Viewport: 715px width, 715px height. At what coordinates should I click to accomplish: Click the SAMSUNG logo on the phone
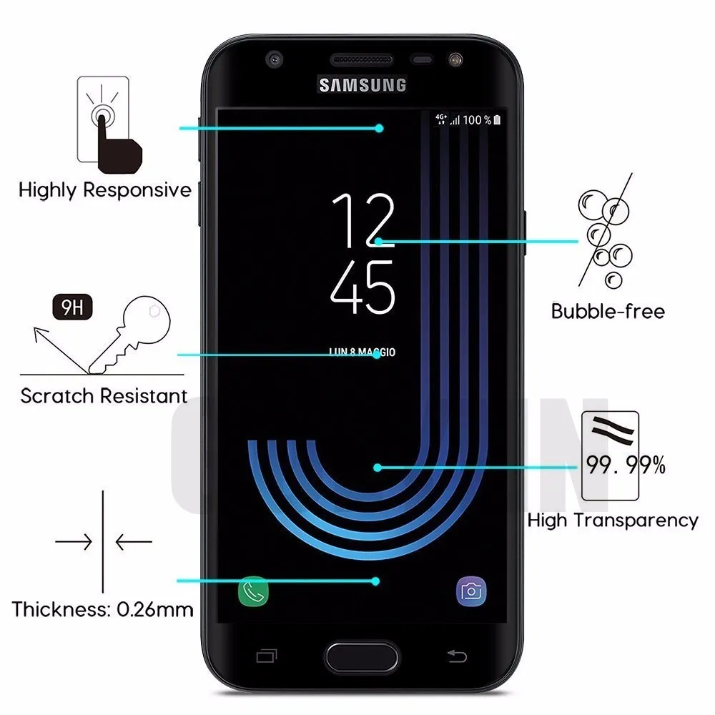coord(363,85)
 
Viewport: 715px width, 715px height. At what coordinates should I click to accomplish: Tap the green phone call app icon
coord(253,591)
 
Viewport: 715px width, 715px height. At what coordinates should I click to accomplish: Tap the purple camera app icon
coord(472,591)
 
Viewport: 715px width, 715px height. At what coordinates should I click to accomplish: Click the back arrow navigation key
coord(458,655)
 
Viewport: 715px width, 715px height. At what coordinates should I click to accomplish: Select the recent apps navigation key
coord(267,655)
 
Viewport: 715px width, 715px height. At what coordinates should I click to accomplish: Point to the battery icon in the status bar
coord(498,120)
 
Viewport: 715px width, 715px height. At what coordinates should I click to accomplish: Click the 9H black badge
coord(72,310)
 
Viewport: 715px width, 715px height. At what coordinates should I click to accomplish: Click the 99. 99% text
coord(626,466)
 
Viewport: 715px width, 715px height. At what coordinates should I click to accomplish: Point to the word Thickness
coord(57,609)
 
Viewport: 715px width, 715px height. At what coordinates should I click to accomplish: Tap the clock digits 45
coord(363,287)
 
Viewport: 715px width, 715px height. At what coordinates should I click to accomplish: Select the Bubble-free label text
coord(608,311)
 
